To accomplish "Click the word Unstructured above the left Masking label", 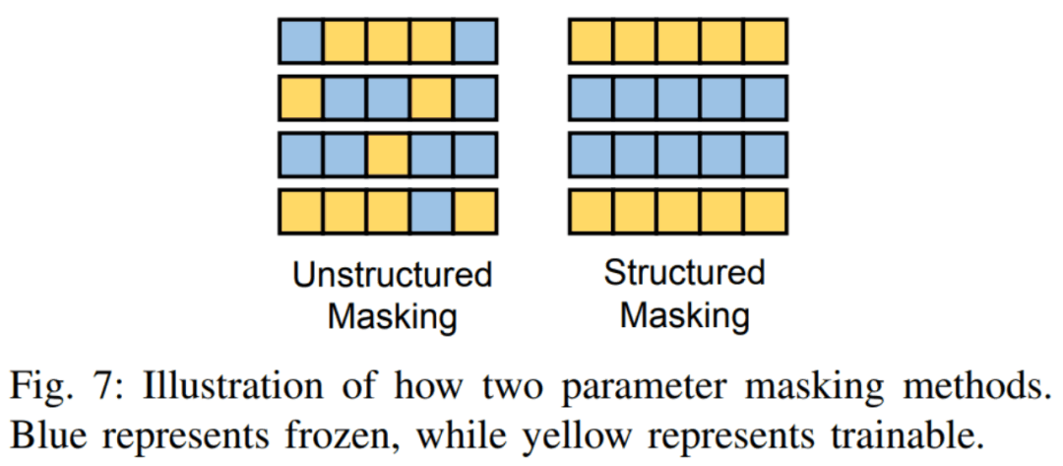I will click(392, 274).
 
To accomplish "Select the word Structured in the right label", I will click(684, 272).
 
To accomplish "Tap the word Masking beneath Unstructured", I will click(392, 317).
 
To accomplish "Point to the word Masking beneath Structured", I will click(685, 316).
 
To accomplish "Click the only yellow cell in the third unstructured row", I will click(388, 154).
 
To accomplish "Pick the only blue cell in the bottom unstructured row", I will click(431, 210).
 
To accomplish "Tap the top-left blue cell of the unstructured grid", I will click(300, 41).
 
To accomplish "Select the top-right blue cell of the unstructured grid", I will click(475, 41).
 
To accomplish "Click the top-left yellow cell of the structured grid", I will click(591, 41).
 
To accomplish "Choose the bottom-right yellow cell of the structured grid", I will click(766, 210).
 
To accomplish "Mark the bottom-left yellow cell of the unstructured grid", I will click(300, 210).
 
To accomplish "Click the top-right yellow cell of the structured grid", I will click(766, 41).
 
